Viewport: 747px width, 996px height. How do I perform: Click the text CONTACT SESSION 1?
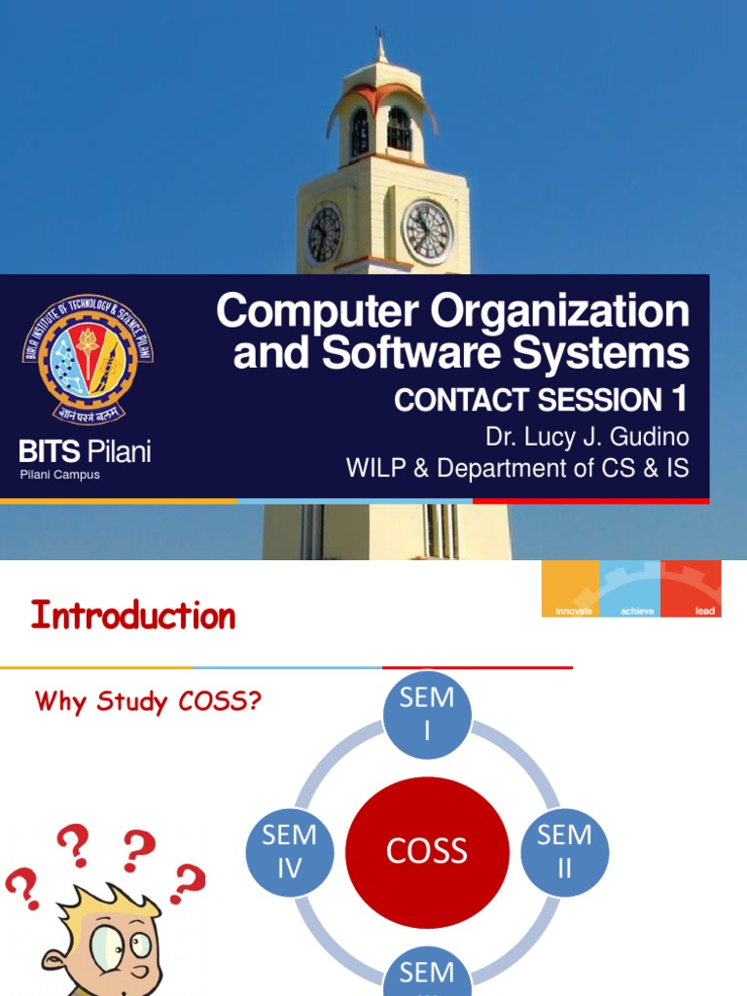tap(541, 399)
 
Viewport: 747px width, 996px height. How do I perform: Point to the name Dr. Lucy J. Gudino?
tap(587, 435)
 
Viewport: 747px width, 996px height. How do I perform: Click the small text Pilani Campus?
tap(60, 475)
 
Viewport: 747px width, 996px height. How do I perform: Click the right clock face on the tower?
tap(427, 232)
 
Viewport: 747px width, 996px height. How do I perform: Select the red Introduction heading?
tap(133, 616)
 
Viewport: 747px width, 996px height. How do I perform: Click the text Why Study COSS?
tap(148, 701)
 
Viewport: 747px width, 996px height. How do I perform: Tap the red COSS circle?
tap(427, 851)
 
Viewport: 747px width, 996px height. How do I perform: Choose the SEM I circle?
tap(427, 713)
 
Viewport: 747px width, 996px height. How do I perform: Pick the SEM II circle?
tap(564, 851)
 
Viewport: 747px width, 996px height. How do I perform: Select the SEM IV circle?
tap(290, 851)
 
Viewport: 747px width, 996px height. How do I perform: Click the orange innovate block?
tap(571, 588)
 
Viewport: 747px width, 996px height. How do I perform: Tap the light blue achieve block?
tap(630, 588)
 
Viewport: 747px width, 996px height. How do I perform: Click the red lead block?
tap(691, 588)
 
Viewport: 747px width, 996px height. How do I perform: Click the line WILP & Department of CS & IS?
tap(517, 469)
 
